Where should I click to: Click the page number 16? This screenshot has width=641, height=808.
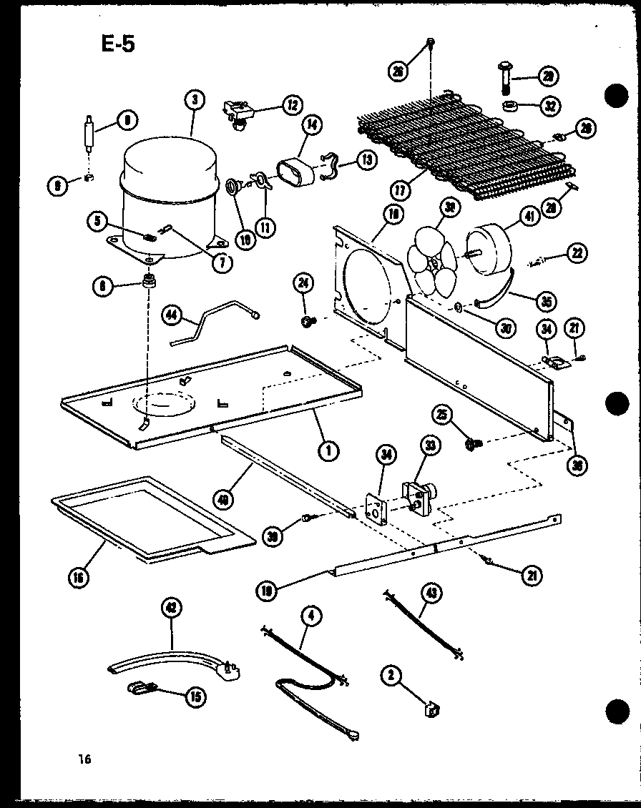coord(86,759)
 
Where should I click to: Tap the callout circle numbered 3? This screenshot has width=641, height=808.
coord(194,100)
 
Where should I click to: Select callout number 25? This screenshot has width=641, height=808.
coord(441,414)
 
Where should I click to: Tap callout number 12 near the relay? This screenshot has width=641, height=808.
coord(292,105)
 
